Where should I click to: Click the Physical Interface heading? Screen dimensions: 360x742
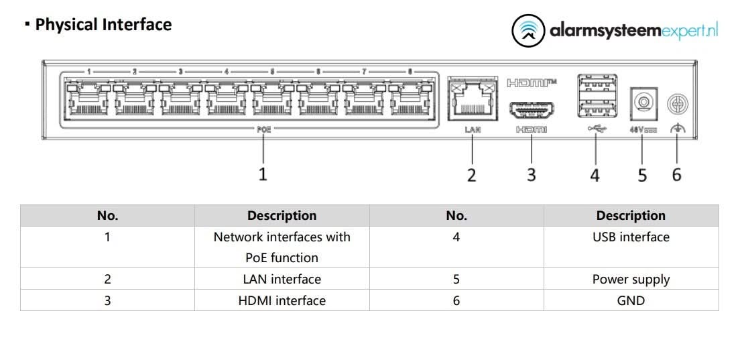coord(103,25)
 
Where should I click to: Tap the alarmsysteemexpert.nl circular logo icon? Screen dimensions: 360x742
coord(528,32)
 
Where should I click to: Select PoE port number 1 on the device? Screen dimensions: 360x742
coord(87,100)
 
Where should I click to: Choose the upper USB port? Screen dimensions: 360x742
coord(595,87)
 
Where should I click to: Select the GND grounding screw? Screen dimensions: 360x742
coord(678,103)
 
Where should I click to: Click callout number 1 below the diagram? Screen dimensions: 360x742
coord(263,174)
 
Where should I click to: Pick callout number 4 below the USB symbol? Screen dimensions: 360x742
coord(595,176)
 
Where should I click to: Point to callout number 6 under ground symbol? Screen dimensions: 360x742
coord(677,175)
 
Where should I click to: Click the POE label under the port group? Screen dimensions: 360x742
coord(264,130)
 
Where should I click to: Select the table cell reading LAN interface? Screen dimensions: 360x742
coord(282,279)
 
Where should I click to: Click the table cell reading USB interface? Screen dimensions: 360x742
coord(631,237)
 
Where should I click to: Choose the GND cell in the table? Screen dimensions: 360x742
coord(631,300)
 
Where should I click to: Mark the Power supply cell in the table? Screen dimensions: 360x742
coord(631,279)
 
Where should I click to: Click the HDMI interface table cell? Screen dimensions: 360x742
coord(282,300)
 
